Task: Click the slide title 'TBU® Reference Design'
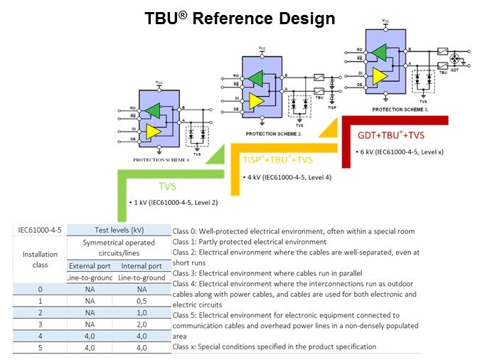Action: pyautogui.click(x=240, y=18)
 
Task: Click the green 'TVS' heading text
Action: pyautogui.click(x=167, y=187)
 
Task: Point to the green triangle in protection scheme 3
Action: pyautogui.click(x=378, y=52)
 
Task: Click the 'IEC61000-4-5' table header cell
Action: pyautogui.click(x=40, y=229)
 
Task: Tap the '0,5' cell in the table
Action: pyautogui.click(x=142, y=301)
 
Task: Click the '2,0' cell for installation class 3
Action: pyautogui.click(x=142, y=324)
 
